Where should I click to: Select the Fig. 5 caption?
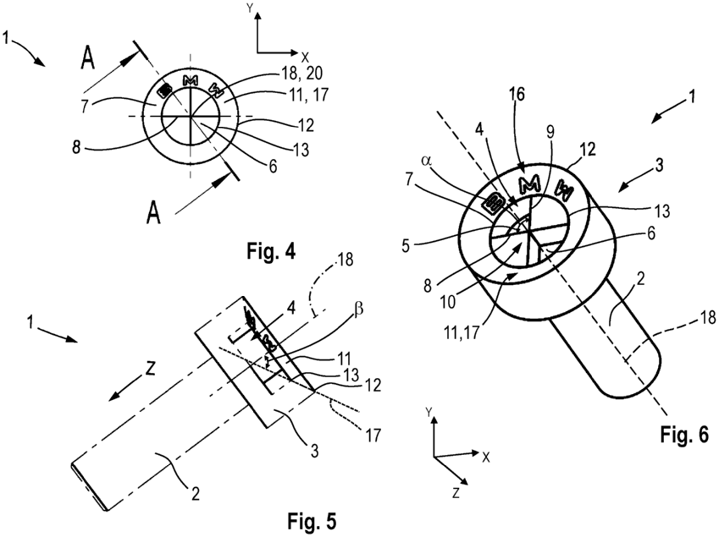311,519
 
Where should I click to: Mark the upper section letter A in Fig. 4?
89,60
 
